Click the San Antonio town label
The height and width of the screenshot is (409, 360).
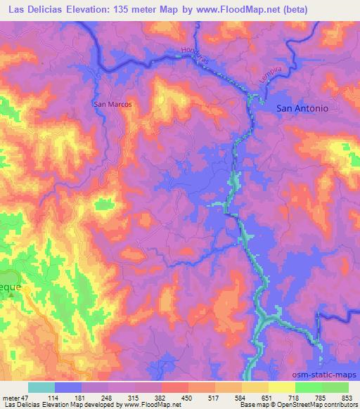[307, 108]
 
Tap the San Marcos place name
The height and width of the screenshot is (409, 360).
[112, 104]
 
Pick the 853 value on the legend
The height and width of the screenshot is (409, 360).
[348, 397]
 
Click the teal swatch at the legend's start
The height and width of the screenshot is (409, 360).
[41, 387]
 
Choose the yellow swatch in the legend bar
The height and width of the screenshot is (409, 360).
[281, 387]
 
